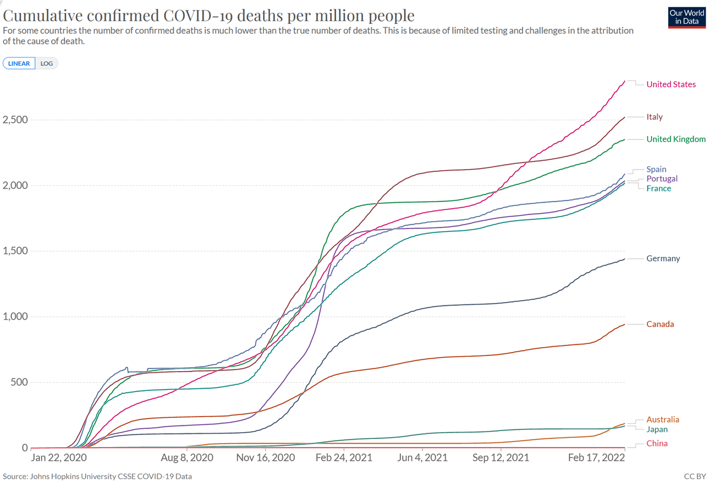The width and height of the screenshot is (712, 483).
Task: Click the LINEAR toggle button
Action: [x=19, y=63]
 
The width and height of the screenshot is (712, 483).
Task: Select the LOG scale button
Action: [x=47, y=63]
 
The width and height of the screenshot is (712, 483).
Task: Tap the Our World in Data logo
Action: [x=686, y=18]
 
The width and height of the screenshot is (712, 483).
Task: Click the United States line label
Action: [x=670, y=84]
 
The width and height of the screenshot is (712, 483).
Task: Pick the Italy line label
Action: [x=654, y=117]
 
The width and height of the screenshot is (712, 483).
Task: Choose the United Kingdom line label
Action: [x=675, y=139]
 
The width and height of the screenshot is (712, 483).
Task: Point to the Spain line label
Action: [x=656, y=170]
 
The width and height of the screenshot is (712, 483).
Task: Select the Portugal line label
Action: [x=662, y=179]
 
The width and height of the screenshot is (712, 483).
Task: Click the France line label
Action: [x=658, y=188]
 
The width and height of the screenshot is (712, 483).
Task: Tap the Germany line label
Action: [x=663, y=259]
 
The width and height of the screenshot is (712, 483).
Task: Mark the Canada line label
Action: [x=660, y=324]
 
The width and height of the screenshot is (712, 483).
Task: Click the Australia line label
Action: [x=662, y=420]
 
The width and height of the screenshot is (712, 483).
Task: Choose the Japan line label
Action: [x=657, y=429]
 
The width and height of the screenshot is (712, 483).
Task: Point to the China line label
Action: [x=657, y=444]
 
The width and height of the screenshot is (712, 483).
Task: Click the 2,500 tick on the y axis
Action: [x=15, y=120]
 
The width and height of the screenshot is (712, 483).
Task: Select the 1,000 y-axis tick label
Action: [x=15, y=317]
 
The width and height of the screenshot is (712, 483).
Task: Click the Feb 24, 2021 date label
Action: [x=343, y=458]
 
